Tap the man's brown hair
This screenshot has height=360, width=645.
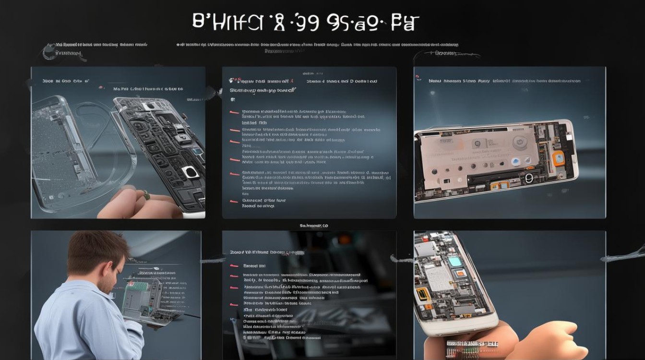[x=96, y=250]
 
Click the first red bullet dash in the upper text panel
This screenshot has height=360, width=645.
[x=234, y=112]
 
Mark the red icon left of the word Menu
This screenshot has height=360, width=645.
[x=418, y=77]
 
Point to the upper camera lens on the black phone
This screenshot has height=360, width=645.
[x=180, y=138]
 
